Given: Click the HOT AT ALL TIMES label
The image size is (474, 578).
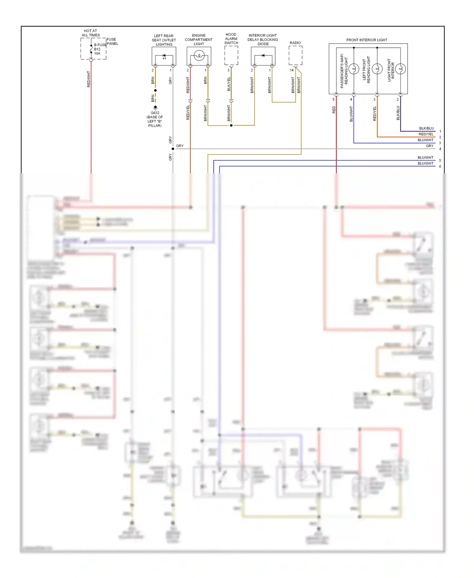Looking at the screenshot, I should click(x=91, y=33).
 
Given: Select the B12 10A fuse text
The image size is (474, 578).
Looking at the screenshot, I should click(x=97, y=51).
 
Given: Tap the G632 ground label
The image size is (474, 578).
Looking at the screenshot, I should click(x=155, y=113).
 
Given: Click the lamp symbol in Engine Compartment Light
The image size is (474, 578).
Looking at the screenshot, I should click(x=199, y=56).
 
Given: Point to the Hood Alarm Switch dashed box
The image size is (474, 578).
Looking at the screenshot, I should click(x=231, y=55).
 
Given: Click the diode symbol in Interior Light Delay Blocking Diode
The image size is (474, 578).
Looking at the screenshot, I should click(x=263, y=56).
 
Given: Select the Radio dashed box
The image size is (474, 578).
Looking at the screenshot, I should click(x=295, y=55).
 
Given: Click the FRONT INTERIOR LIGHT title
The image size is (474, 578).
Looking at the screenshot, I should click(x=367, y=40).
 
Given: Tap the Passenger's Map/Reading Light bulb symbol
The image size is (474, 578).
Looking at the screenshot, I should click(x=354, y=69).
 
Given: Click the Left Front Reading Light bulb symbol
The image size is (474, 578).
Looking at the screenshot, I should click(x=377, y=69).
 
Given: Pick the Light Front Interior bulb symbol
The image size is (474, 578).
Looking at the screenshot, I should click(x=400, y=69).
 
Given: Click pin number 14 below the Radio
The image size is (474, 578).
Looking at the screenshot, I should click(x=292, y=70).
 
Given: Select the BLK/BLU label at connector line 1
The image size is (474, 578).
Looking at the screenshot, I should click(x=426, y=128).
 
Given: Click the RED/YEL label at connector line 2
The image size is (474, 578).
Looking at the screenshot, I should click(x=426, y=134).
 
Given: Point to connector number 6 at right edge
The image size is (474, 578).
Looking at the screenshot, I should click(x=440, y=166).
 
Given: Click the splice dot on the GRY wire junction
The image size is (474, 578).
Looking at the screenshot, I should click(x=173, y=149).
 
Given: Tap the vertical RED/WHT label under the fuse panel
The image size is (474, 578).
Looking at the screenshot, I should click(x=89, y=79).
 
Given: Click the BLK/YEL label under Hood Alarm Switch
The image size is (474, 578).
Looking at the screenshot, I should click(x=229, y=84).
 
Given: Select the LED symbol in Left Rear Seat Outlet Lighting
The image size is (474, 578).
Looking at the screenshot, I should click(x=164, y=57).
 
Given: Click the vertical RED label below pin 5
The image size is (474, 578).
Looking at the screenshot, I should click(x=334, y=110).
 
